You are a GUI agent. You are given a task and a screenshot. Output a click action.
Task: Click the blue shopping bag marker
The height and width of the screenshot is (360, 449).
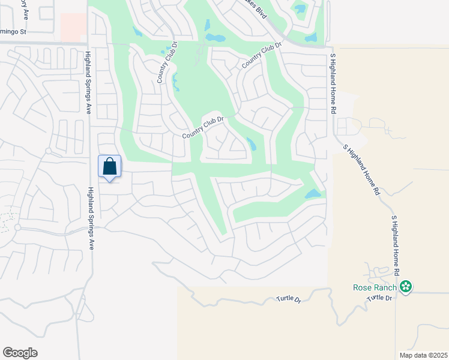coord(109,167)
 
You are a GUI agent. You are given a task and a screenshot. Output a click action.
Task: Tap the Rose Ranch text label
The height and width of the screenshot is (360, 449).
coord(376,287)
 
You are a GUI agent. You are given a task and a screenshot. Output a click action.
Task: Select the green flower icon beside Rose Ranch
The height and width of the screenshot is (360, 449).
coord(406,287)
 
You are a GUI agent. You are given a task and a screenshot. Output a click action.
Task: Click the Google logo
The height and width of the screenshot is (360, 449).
coord(20,353)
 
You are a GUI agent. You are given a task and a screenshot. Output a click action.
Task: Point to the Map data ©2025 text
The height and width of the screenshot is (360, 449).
coord(423,355)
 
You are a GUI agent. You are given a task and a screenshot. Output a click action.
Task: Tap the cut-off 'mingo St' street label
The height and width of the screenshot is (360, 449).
coord(14,31)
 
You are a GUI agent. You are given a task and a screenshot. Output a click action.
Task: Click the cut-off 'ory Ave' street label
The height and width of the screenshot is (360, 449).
coord(25,9)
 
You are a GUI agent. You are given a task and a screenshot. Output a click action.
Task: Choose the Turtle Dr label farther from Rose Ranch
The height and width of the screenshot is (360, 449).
coord(288,298)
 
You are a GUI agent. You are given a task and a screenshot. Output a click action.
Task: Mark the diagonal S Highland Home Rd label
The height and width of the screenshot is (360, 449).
coord(361,170)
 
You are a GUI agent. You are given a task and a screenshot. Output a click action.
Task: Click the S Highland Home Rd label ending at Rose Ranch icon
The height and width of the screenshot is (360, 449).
coord(395,246)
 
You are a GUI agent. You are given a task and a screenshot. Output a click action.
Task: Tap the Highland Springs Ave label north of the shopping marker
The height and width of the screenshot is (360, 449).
coord(88,83)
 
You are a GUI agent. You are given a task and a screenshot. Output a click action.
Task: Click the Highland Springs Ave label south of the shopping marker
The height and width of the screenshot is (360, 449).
coord(91,218)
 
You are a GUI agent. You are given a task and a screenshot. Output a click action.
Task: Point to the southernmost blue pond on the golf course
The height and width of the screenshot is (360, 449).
coord(312,194)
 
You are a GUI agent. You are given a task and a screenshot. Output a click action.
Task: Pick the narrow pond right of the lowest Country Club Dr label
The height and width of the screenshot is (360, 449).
coord(251,145)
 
